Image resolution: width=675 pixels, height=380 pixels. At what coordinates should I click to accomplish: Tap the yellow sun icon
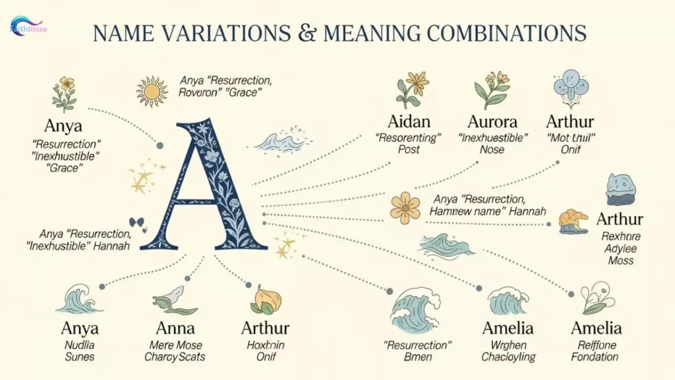coord(152,91)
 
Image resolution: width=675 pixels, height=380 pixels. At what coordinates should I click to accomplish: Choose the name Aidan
coord(409,122)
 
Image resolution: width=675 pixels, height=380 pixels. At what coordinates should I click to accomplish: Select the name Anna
coord(175,328)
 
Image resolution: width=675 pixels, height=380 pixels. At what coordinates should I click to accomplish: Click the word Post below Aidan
coord(409,150)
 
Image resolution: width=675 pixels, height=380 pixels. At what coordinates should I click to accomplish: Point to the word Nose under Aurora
coord(492,150)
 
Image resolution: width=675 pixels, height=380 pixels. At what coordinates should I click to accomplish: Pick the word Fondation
coord(595,357)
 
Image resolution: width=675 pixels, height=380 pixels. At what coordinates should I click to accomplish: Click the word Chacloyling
coord(508,357)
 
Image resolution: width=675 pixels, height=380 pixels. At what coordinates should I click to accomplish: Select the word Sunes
coord(80,357)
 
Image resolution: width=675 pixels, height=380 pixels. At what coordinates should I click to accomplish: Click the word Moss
coord(620,260)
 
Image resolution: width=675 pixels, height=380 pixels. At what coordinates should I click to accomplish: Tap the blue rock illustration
coord(620,189)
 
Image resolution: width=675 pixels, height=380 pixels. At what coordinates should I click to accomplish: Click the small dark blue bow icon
coord(137,222)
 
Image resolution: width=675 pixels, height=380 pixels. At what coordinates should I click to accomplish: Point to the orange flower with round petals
coord(405,208)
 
